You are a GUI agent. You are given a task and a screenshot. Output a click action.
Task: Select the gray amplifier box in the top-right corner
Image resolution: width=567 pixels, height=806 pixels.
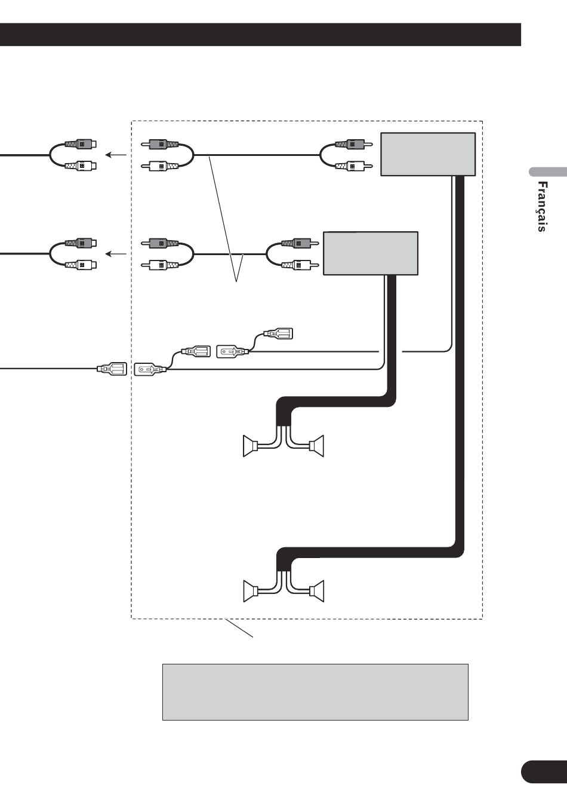428,154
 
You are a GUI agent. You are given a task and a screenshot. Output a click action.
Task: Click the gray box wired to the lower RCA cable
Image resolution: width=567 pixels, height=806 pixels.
371,253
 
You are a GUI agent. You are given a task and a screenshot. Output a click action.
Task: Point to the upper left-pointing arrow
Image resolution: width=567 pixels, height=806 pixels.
116,155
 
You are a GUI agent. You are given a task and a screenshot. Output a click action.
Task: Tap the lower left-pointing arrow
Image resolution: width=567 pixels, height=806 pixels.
116,254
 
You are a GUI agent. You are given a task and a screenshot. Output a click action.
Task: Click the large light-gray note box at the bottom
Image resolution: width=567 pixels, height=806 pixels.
315,692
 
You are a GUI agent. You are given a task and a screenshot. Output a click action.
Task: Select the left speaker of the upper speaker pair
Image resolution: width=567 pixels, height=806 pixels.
251,446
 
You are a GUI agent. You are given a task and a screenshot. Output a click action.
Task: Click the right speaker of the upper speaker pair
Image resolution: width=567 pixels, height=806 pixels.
316,446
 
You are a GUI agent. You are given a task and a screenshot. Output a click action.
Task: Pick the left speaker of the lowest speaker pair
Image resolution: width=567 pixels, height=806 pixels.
251,591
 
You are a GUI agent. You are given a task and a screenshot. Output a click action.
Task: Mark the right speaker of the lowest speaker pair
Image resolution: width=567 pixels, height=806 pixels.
316,591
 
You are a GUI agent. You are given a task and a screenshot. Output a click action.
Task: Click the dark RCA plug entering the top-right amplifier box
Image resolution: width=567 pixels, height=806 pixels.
354,144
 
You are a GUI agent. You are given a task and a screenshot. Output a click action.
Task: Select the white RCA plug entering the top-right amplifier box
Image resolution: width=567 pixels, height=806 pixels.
354,166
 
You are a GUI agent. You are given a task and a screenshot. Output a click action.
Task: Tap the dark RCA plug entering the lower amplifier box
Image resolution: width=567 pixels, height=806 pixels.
300,243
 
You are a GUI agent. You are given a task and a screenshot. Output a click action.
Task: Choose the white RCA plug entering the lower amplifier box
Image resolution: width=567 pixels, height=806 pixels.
300,265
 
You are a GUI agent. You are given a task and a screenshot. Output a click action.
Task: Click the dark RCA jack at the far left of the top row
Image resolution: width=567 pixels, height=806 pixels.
81,144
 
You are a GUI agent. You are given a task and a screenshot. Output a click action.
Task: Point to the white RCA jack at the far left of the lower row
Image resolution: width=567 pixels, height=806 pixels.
81,265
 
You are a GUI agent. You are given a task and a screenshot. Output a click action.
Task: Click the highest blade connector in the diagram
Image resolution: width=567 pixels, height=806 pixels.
278,333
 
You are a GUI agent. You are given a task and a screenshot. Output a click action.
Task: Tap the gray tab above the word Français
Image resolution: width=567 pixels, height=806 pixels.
548,171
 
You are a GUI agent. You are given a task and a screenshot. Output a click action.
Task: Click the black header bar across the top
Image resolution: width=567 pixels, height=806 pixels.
260,35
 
